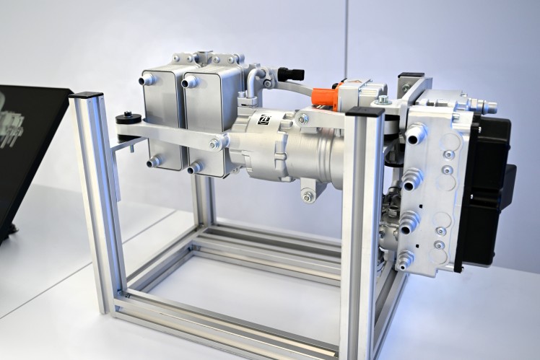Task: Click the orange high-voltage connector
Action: tap(325, 97)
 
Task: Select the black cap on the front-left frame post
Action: tap(86, 95)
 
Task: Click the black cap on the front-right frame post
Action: tap(364, 112)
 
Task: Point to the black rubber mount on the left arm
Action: tap(130, 118)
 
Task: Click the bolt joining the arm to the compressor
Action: tap(214, 144)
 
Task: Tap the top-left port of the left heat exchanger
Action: tap(147, 79)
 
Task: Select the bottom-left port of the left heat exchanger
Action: tap(153, 162)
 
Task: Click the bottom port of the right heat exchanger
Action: tap(194, 168)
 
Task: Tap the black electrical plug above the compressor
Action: tap(291, 74)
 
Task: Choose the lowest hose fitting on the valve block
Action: tap(405, 260)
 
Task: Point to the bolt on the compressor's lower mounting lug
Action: tap(308, 196)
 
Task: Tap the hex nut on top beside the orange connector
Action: tap(382, 100)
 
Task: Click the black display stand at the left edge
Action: tap(29, 144)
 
